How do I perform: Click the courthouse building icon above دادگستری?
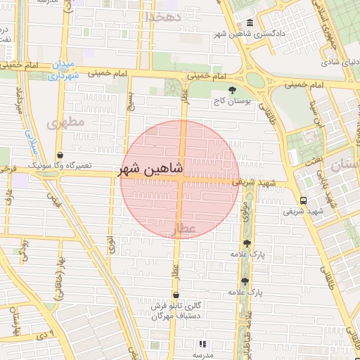[x=251, y=22]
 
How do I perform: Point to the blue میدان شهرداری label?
[x=63, y=69]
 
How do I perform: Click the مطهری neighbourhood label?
[x=65, y=122]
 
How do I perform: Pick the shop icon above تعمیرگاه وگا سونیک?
[x=60, y=154]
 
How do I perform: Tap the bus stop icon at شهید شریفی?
[x=303, y=200]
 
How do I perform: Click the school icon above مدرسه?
[x=202, y=345]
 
